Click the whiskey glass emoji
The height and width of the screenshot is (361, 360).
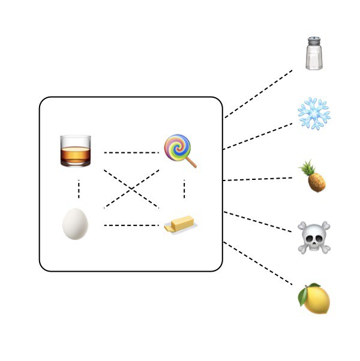(76, 151)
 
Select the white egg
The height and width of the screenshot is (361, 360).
(76, 224)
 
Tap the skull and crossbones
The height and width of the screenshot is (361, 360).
(314, 237)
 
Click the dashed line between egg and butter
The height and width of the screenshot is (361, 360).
(131, 225)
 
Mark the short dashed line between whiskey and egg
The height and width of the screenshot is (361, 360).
(79, 189)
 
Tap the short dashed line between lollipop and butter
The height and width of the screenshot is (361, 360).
(184, 189)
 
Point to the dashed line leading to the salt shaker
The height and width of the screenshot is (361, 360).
(258, 94)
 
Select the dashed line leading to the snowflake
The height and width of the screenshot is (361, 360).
(258, 136)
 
